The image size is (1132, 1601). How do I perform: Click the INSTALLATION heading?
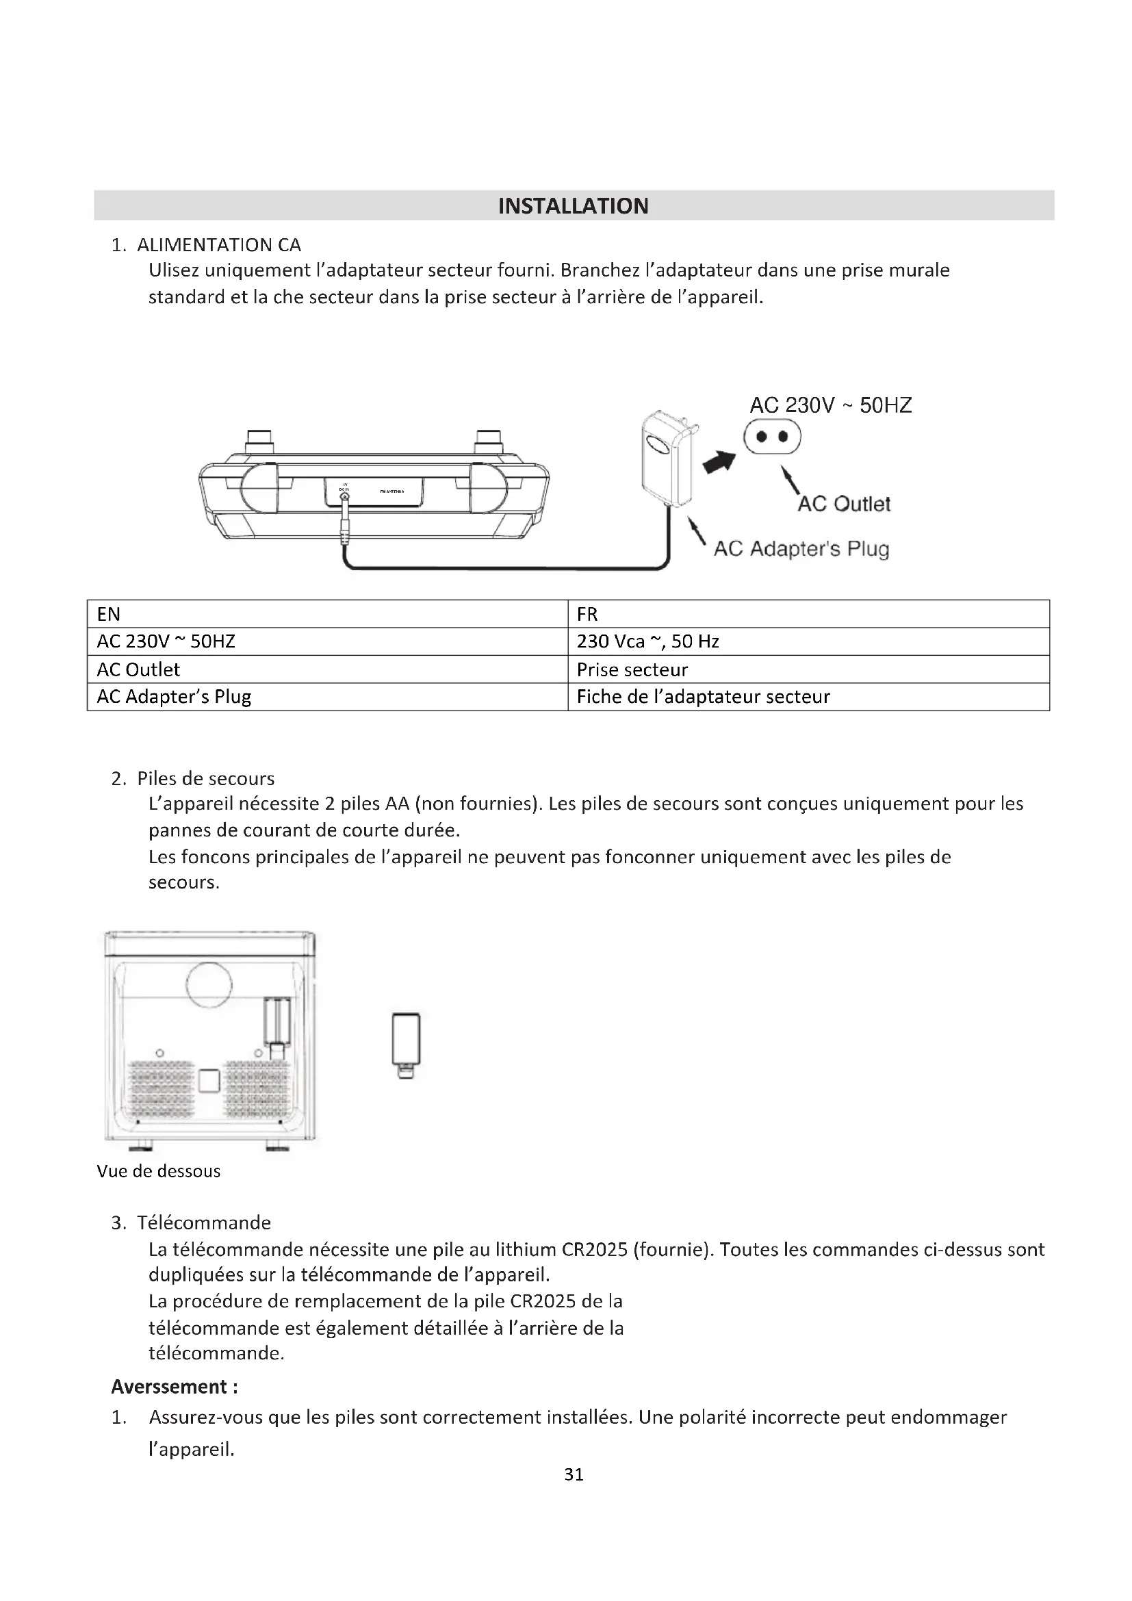point(573,206)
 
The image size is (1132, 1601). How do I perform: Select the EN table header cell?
point(109,613)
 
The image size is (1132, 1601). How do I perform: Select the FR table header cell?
point(587,613)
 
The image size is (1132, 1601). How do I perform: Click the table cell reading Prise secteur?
point(632,669)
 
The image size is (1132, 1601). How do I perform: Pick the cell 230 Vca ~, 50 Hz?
point(647,641)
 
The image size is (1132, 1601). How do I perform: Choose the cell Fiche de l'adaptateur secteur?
point(704,697)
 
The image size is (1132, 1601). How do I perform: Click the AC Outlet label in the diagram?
point(843,504)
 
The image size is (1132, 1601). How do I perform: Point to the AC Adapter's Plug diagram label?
point(801,549)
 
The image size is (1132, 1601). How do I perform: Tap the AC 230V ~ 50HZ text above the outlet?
point(830,405)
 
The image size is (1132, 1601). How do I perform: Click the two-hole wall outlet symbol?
point(772,437)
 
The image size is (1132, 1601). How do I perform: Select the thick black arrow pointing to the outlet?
point(719,461)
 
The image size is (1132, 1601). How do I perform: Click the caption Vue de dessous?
point(158,1170)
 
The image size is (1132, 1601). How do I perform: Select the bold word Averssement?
point(169,1386)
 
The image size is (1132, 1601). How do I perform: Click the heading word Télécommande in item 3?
point(203,1222)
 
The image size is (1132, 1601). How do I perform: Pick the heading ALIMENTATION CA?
point(219,245)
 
